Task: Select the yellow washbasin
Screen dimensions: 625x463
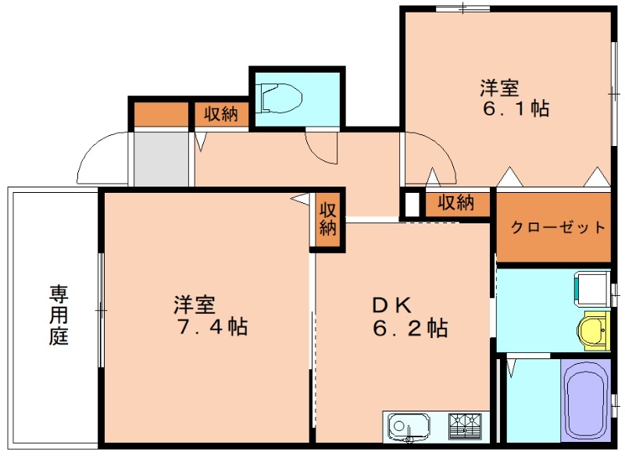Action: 593,330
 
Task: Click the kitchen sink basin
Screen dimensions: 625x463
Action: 409,427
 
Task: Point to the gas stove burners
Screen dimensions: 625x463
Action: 466,426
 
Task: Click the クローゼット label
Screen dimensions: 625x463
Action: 558,228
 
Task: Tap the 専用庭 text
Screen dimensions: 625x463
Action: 59,315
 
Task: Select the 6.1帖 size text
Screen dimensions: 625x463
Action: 516,109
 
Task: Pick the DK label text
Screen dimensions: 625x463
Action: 392,305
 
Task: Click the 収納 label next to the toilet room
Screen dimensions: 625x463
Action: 221,115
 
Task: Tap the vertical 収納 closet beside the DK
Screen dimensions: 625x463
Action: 327,219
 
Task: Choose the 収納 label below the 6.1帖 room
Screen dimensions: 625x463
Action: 456,203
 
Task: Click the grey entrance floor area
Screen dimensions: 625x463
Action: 161,158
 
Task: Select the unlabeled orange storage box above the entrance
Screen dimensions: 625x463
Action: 161,114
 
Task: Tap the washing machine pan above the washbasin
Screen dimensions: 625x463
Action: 592,288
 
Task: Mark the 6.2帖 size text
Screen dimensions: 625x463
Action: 411,329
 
